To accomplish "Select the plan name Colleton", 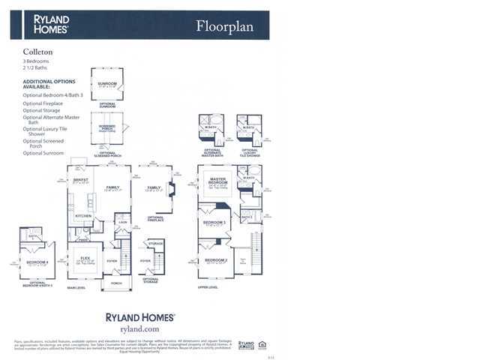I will click(x=37, y=52).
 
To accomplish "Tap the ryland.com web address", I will click(x=139, y=328).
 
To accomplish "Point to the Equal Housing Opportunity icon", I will click(x=262, y=345).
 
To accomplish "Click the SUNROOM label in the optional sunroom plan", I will click(x=108, y=84).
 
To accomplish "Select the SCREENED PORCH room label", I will click(x=106, y=127).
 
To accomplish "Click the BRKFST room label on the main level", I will click(x=80, y=180).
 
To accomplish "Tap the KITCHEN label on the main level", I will click(x=83, y=215).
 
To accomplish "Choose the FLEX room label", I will click(x=85, y=259).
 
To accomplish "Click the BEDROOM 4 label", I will click(x=37, y=262).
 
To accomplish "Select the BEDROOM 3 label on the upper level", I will click(x=214, y=222).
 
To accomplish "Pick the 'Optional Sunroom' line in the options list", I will click(x=43, y=153).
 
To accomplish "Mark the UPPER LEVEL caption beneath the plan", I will click(x=208, y=287).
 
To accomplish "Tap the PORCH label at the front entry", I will click(x=116, y=283).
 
